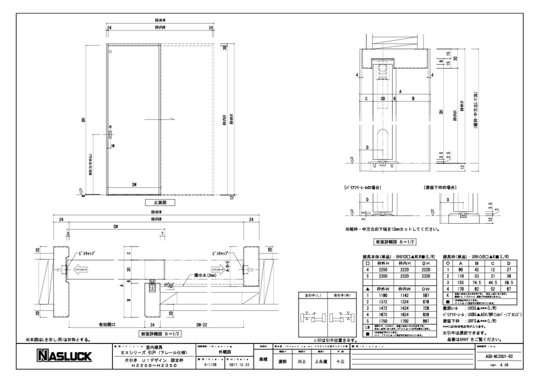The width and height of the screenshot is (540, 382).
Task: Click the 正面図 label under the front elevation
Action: (159, 203)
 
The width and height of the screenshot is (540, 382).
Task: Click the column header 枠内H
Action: (402, 261)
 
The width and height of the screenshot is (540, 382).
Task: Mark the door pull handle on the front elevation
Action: (109, 138)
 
